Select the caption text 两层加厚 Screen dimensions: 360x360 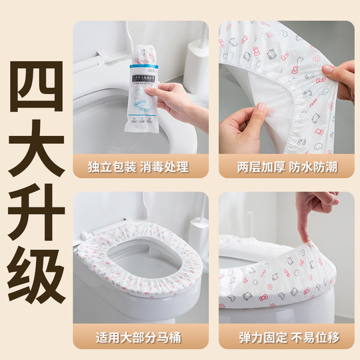[255, 167]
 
